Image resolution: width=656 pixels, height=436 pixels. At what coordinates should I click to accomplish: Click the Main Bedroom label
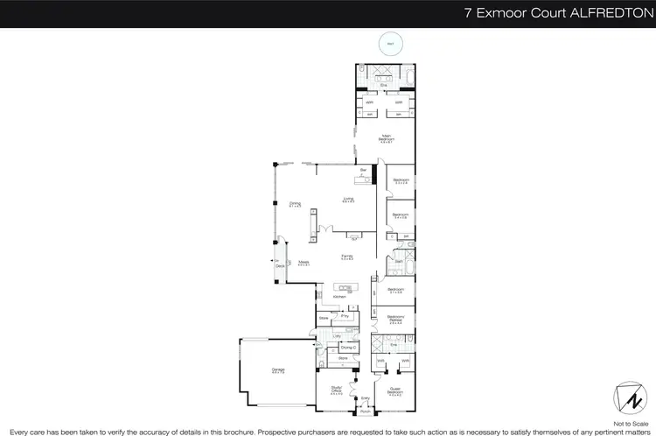[x=386, y=137]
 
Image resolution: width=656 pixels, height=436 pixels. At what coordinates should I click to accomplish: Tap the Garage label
[x=278, y=369]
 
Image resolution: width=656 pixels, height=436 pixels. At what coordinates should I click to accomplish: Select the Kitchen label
[x=338, y=297]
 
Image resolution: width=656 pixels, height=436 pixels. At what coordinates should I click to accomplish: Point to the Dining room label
[x=295, y=205]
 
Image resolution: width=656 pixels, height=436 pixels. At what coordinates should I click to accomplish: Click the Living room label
[x=348, y=200]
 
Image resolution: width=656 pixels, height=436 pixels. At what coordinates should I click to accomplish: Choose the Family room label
[x=346, y=257]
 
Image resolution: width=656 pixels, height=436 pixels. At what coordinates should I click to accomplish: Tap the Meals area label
[x=304, y=262]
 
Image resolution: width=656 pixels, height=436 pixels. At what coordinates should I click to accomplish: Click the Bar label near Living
[x=363, y=170]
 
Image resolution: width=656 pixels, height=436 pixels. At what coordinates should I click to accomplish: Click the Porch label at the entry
[x=366, y=411]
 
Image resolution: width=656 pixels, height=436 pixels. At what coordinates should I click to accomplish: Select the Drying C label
[x=349, y=348]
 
